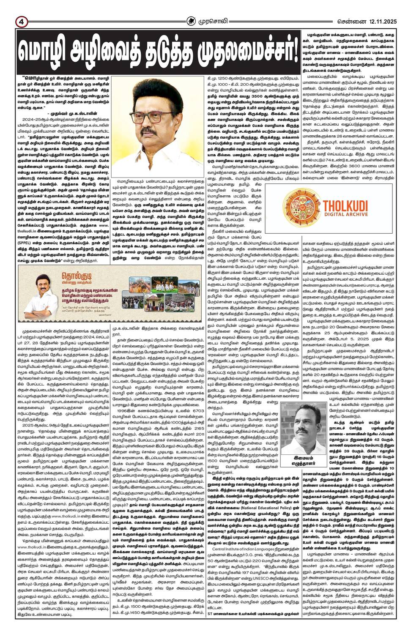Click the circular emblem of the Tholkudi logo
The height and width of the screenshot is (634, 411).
pos(304,208)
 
